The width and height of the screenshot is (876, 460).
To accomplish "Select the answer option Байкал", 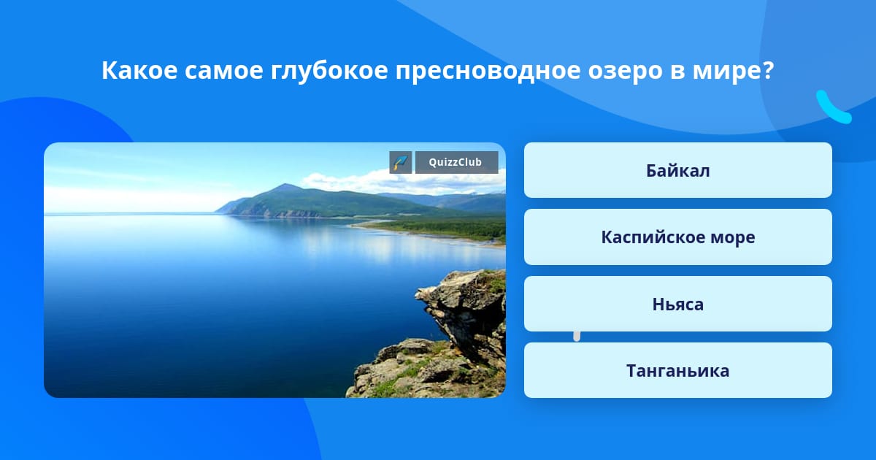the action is coord(677,170).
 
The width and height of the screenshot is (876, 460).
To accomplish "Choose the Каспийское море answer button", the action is coord(677,237).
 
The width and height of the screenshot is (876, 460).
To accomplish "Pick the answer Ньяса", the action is coord(677,304).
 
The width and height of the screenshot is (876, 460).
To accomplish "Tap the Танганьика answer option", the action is coord(677,370).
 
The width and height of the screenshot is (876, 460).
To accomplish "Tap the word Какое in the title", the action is coord(139,70).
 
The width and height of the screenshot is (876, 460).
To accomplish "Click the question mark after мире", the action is coord(768,70).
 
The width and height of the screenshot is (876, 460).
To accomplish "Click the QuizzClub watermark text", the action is coord(456,162).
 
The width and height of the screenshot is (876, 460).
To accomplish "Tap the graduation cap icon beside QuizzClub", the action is coord(401,162).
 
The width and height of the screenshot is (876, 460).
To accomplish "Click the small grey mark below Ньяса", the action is coord(577,336).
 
